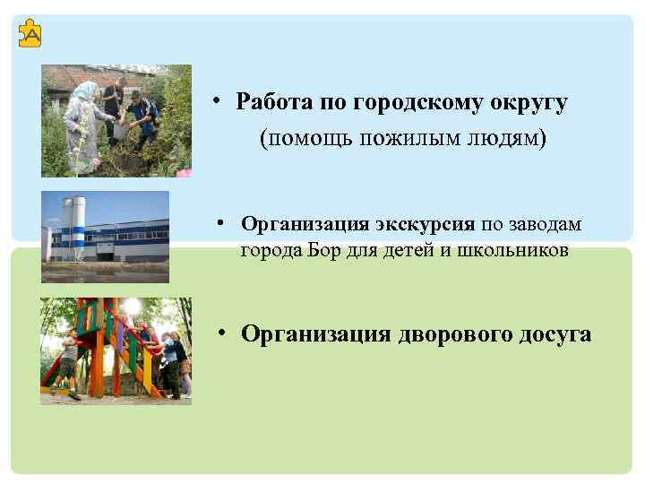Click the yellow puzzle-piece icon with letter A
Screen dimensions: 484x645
pyautogui.click(x=30, y=34)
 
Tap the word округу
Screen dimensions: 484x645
pyautogui.click(x=529, y=102)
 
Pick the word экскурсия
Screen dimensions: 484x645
pyautogui.click(x=425, y=223)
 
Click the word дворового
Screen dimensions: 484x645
pyautogui.click(x=455, y=334)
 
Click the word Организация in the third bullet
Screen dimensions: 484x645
pyautogui.click(x=315, y=334)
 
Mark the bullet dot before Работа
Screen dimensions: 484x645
pyautogui.click(x=218, y=101)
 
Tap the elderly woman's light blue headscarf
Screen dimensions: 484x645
pyautogui.click(x=85, y=91)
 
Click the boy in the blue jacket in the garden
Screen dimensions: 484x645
pyautogui.click(x=141, y=114)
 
